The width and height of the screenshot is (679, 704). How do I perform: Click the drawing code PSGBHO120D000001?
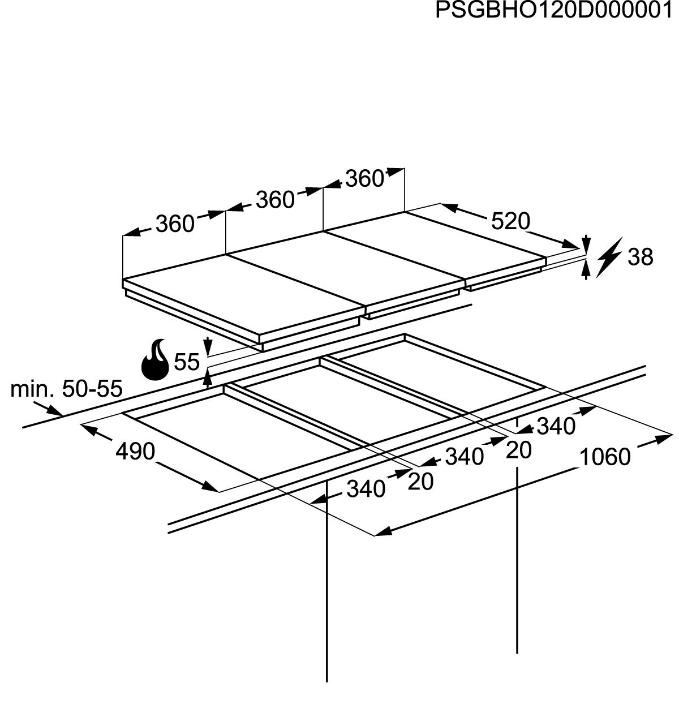[x=553, y=10]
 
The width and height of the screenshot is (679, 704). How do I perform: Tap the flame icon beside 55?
[x=155, y=359]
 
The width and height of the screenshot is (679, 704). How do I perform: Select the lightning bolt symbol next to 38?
[x=609, y=257]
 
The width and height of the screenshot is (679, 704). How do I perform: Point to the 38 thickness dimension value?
[x=641, y=257]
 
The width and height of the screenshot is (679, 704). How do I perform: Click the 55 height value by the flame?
[x=187, y=362]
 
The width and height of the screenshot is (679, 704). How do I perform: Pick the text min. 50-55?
[x=66, y=389]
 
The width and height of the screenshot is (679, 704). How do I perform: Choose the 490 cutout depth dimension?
[x=135, y=451]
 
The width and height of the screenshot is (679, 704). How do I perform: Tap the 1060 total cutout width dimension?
[x=605, y=457]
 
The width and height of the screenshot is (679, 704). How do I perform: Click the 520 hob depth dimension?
[x=510, y=221]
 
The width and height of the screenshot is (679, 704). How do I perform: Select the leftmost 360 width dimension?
[x=175, y=224]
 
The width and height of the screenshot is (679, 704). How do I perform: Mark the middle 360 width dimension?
[x=275, y=200]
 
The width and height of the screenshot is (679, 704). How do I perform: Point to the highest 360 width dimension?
[x=364, y=178]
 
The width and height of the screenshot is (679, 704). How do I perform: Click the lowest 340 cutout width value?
[x=366, y=489]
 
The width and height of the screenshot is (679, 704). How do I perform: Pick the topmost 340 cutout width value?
[x=556, y=426]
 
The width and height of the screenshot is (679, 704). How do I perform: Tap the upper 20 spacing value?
[x=519, y=450]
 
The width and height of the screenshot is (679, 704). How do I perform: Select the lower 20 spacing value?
[x=420, y=482]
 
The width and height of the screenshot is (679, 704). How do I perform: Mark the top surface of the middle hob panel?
[x=346, y=268]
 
